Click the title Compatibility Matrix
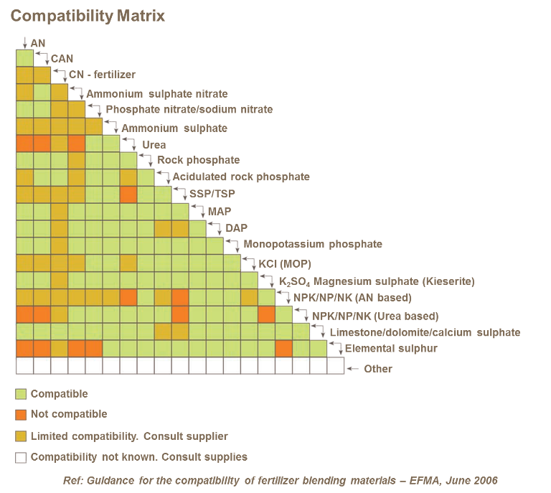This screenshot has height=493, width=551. (x=88, y=16)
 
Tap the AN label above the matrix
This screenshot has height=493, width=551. (x=38, y=44)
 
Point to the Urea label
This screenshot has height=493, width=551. (x=154, y=146)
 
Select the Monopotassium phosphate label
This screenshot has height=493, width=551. (x=312, y=246)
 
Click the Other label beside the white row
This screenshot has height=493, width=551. (x=378, y=370)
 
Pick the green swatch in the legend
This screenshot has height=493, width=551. (x=21, y=394)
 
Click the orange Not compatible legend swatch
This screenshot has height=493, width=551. (x=21, y=415)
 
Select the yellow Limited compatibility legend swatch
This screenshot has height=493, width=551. (x=21, y=436)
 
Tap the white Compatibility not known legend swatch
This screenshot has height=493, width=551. (x=21, y=457)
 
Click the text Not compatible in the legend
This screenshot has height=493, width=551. (x=68, y=414)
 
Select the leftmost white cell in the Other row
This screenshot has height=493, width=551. (x=24, y=366)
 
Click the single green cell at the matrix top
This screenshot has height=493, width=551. (x=24, y=58)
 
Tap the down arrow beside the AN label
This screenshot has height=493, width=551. (x=24, y=42)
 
